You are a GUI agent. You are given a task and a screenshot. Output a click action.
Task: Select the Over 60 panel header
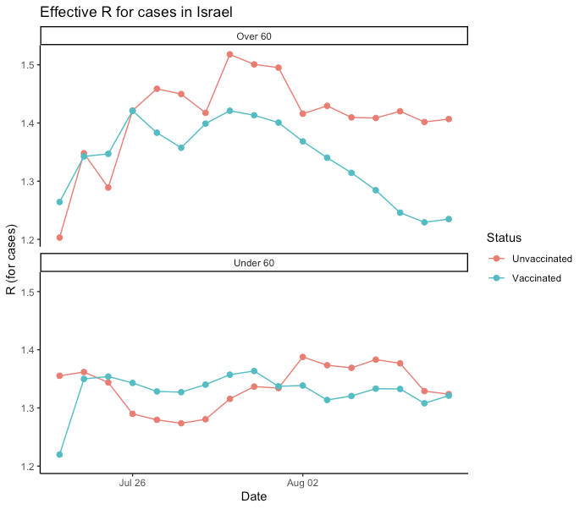254,36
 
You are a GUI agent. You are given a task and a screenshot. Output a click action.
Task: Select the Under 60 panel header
254,263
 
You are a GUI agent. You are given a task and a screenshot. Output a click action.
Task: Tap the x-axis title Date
254,497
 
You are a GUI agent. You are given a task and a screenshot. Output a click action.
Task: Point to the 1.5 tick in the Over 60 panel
29,65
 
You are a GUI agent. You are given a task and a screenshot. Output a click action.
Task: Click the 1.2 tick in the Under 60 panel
29,467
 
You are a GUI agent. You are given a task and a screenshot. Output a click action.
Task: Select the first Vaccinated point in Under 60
59,455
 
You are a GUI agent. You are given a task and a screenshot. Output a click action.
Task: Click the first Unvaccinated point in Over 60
59,238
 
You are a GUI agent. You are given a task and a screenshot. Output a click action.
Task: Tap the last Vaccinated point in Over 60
449,219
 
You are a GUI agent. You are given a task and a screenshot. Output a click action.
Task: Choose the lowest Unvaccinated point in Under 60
181,423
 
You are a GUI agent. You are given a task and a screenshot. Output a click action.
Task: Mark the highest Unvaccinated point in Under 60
302,357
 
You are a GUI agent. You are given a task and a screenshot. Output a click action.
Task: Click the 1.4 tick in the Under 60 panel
29,350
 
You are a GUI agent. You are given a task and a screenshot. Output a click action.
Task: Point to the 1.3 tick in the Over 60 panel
29,182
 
